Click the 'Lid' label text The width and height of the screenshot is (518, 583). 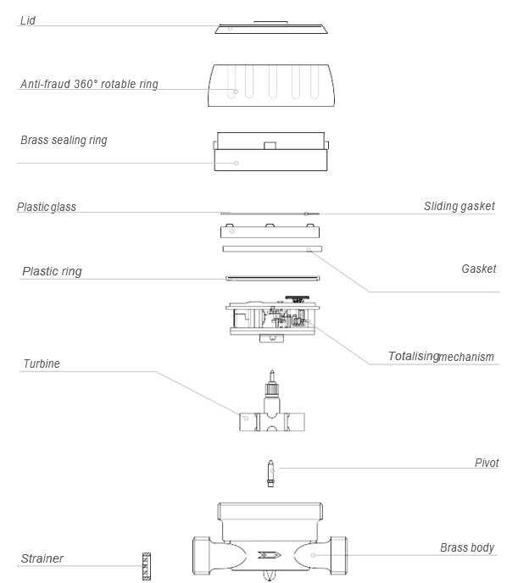27,19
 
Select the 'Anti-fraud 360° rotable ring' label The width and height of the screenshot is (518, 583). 89,85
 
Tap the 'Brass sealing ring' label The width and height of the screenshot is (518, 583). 64,140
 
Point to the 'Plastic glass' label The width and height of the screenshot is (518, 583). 47,208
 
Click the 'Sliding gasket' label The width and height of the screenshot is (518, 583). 460,206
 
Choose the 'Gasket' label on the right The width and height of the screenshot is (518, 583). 479,269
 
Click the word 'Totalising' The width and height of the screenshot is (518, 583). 413,356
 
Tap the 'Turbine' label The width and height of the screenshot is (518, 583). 41,364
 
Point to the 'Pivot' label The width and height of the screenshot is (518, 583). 487,463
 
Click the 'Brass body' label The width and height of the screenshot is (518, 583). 467,547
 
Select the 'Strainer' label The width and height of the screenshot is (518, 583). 42,558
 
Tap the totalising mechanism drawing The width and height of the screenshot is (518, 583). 270,320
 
